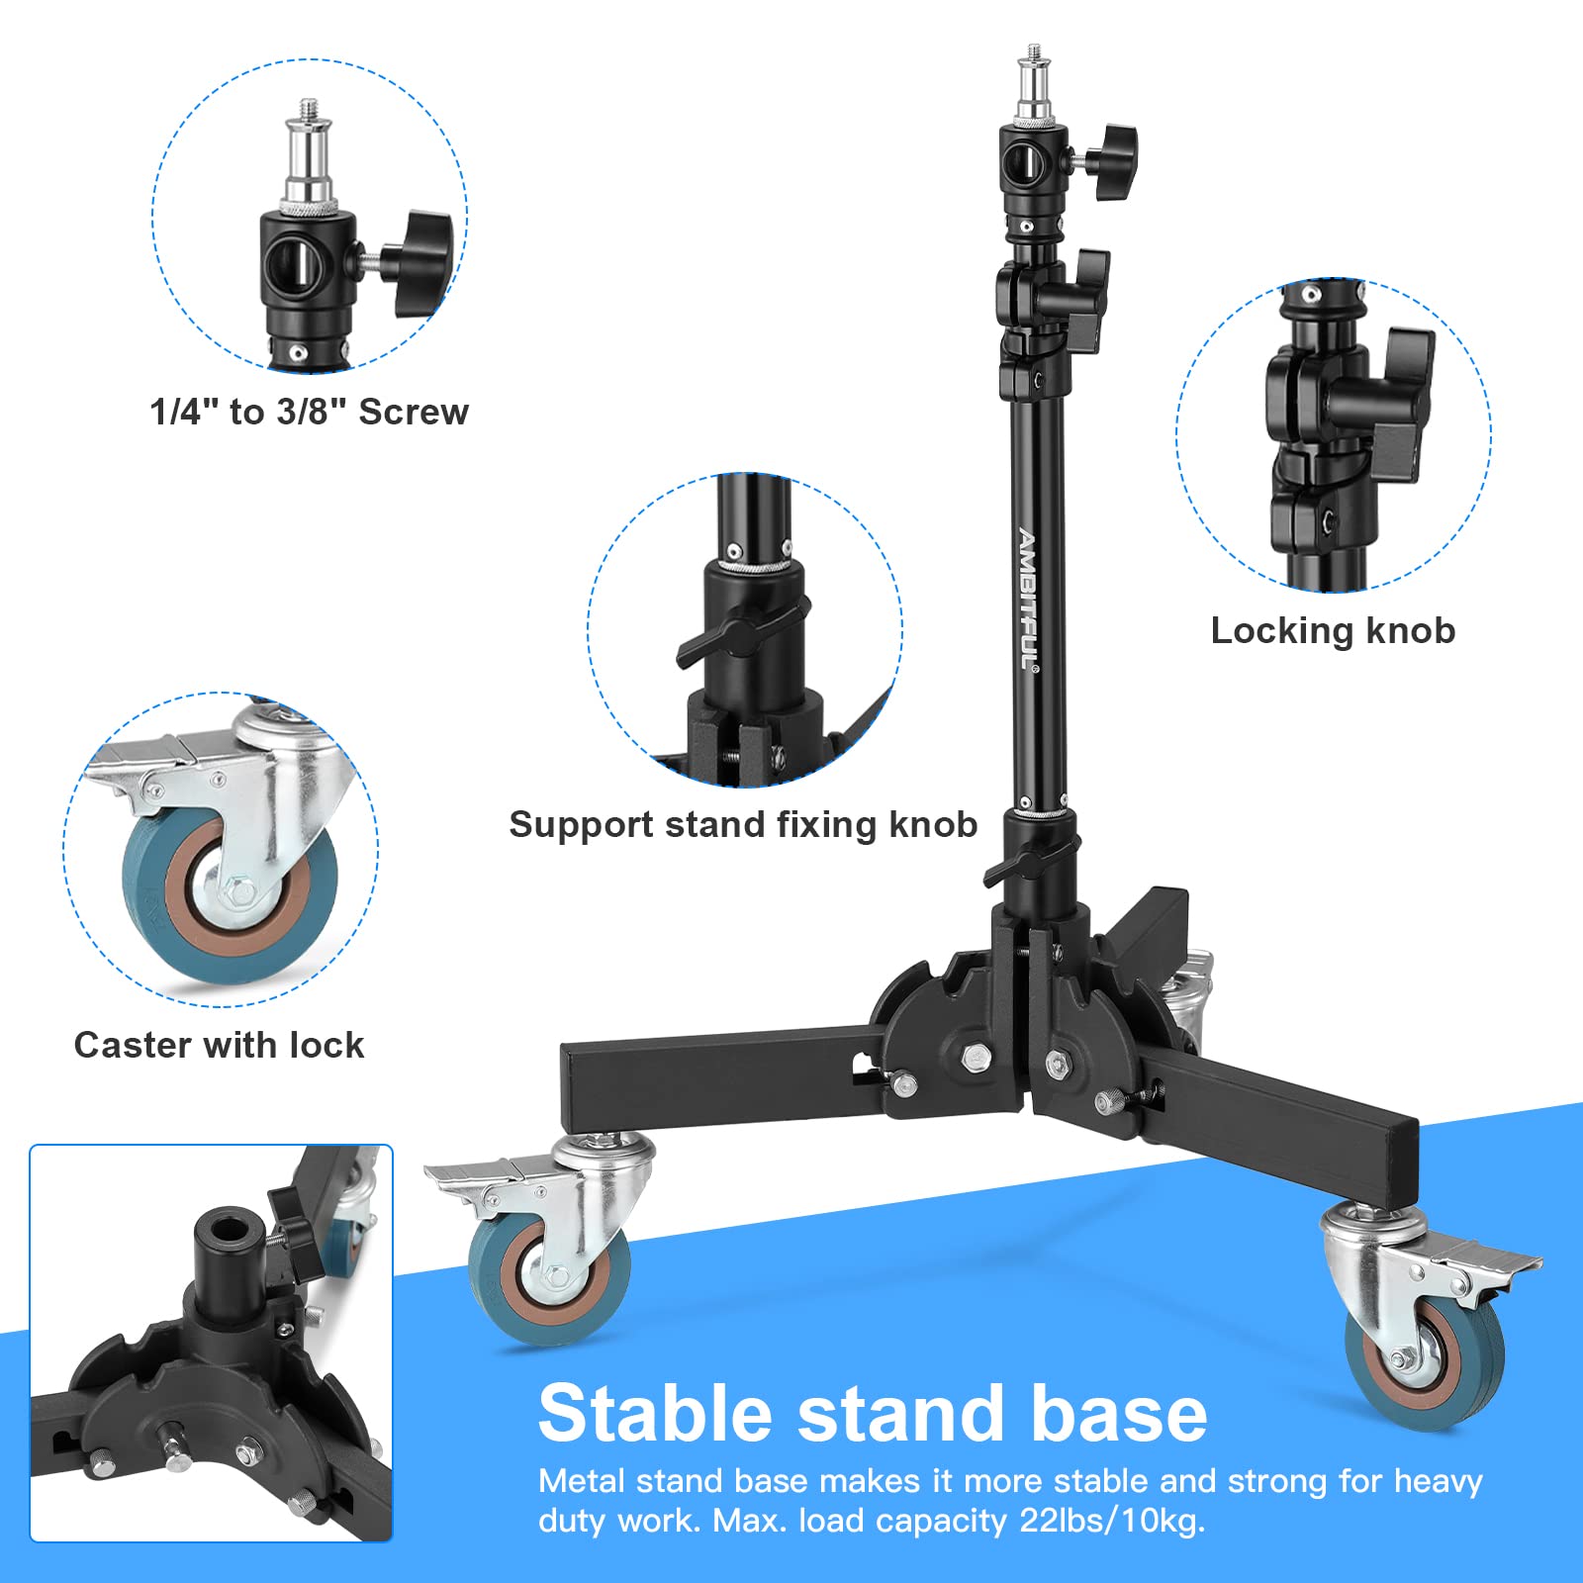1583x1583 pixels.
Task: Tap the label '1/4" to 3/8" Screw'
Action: (x=309, y=412)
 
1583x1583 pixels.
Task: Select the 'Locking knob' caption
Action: (x=1333, y=630)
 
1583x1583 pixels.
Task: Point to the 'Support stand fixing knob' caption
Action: (x=743, y=824)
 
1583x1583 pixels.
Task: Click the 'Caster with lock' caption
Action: (x=219, y=1045)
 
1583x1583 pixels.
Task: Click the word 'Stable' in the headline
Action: (x=654, y=1413)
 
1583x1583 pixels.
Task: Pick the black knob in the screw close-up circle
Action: (x=420, y=259)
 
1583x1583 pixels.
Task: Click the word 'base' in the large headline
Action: (x=1118, y=1413)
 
